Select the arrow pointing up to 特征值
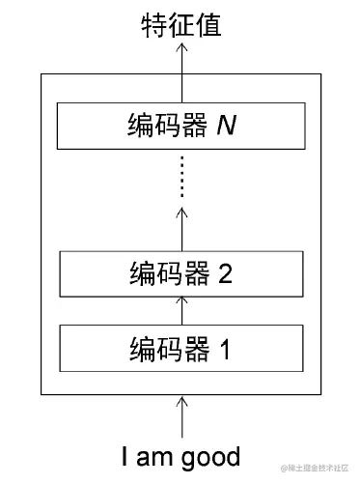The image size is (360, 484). coord(180,72)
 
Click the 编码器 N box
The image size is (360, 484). coord(180,126)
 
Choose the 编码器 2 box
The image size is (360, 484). coord(180,273)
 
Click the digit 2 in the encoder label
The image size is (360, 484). coord(225,273)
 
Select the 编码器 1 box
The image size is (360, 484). coord(180,348)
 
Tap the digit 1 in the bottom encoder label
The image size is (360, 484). coord(225,348)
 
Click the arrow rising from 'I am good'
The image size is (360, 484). coord(180,417)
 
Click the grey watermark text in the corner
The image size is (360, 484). coord(316,469)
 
